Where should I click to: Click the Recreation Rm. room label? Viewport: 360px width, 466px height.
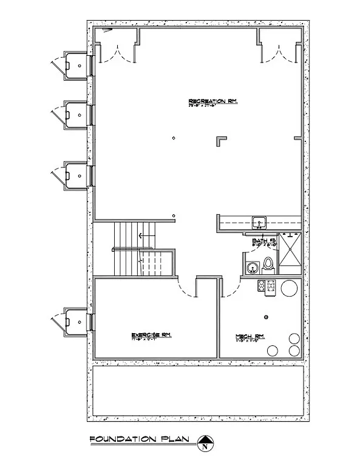coord(212,101)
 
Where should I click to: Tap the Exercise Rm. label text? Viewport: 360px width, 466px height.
coord(154,335)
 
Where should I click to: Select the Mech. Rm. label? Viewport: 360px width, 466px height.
coord(249,336)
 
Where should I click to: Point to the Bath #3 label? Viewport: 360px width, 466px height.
coord(264,241)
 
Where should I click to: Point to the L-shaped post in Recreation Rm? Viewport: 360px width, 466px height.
coord(222,140)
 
